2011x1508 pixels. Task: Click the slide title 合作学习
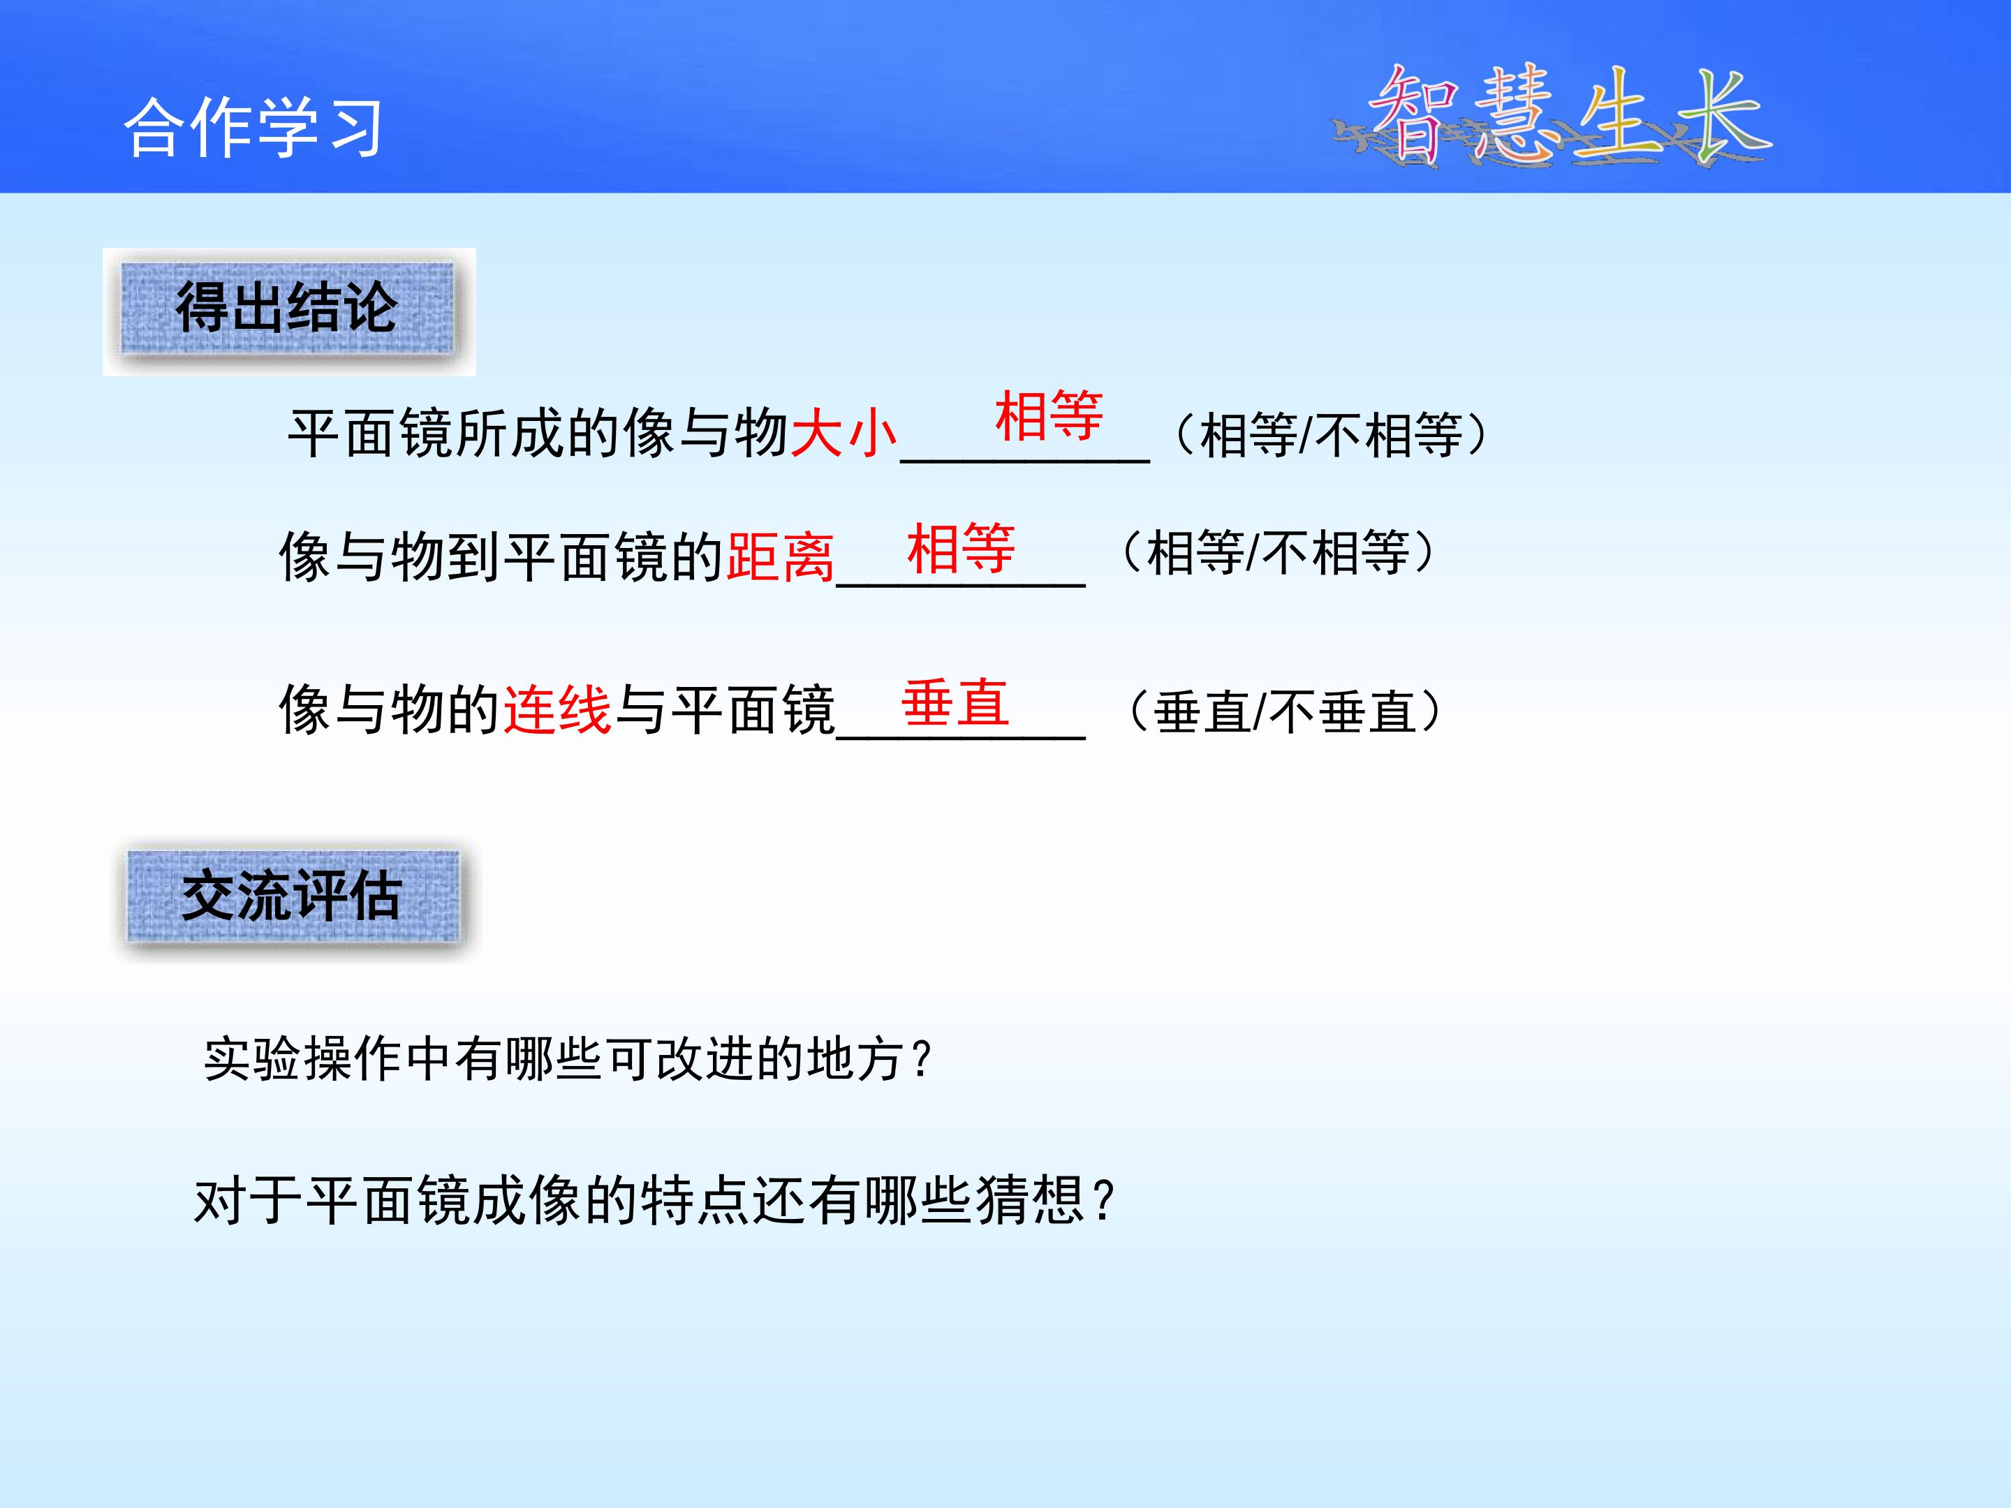pos(253,127)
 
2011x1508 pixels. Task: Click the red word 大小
pos(844,433)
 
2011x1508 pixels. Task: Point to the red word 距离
pos(780,556)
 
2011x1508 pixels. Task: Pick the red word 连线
pos(557,709)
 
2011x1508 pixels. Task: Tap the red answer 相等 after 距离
pos(961,548)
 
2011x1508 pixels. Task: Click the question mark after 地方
pos(921,1059)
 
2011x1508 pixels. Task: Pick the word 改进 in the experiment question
pos(705,1059)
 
